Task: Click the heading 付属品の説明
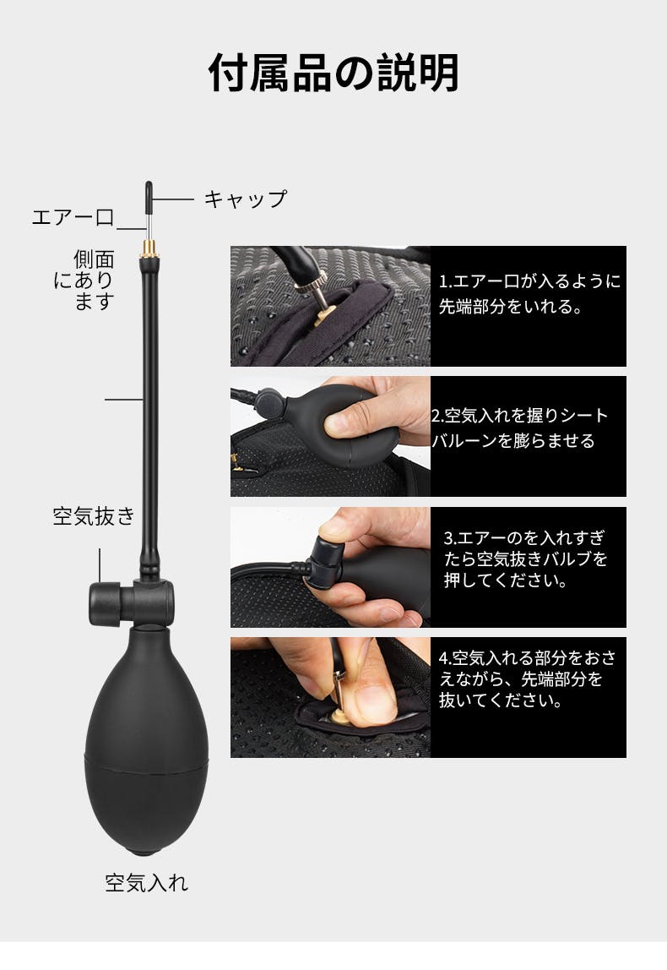point(333,73)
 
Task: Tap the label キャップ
point(246,199)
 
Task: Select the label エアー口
point(73,217)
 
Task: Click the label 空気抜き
point(94,516)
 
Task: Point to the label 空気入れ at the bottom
point(147,883)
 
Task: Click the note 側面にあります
point(84,280)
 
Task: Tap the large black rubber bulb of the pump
point(147,741)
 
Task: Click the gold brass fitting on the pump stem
point(149,248)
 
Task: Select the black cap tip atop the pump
point(149,196)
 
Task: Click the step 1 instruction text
point(529,294)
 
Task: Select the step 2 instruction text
point(520,428)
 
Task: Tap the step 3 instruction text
point(525,559)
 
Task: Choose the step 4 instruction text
point(528,679)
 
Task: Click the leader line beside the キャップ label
point(174,199)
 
